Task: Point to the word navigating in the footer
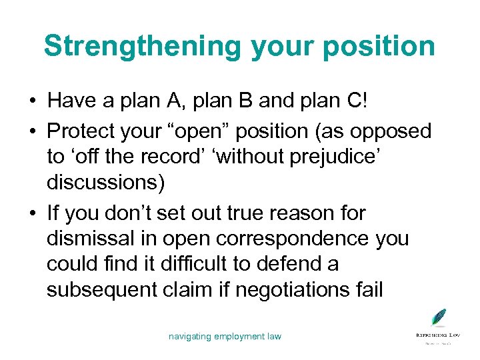tap(189, 337)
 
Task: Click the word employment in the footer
tap(239, 337)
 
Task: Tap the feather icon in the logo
tap(438, 317)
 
